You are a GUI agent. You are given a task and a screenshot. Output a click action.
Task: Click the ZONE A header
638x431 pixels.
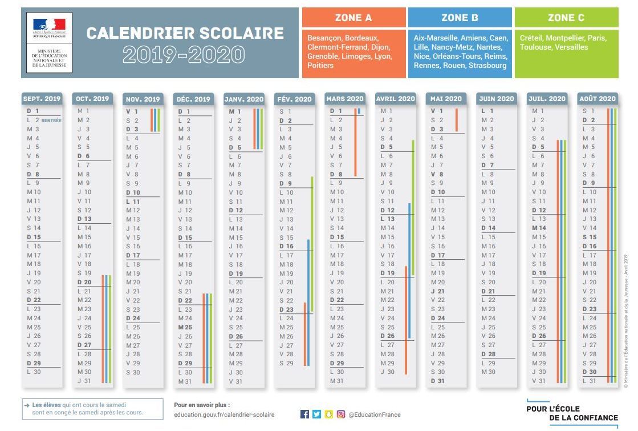[x=353, y=18]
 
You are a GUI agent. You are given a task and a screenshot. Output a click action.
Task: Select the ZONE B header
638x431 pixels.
[x=459, y=18]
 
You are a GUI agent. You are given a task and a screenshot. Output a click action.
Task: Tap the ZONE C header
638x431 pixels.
[x=566, y=18]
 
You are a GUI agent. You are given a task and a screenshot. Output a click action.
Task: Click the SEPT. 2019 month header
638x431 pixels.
[x=42, y=99]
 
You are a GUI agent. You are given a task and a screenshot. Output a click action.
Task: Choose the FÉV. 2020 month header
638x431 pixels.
[x=294, y=99]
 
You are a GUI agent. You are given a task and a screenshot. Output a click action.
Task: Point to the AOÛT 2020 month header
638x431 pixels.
[x=597, y=99]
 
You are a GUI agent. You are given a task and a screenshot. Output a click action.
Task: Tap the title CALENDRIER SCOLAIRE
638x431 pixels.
[x=185, y=33]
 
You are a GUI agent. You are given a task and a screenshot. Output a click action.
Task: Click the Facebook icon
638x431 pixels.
[x=304, y=414]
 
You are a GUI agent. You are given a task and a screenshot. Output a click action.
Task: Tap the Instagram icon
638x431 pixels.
[x=341, y=414]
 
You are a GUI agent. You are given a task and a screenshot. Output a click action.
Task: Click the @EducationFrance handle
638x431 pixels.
[x=374, y=415]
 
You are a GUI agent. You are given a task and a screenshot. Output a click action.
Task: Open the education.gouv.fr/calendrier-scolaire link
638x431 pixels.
[x=224, y=415]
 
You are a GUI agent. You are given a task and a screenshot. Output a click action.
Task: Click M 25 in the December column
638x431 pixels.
[x=185, y=327]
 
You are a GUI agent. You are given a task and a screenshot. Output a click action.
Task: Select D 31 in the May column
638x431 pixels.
[x=437, y=381]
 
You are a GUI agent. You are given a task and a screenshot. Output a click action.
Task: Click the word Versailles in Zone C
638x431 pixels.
[x=571, y=47]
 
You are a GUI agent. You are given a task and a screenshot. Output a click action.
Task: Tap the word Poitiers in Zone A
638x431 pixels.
[x=320, y=66]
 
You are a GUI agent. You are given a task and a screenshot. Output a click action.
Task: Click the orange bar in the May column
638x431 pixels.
[x=456, y=120]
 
